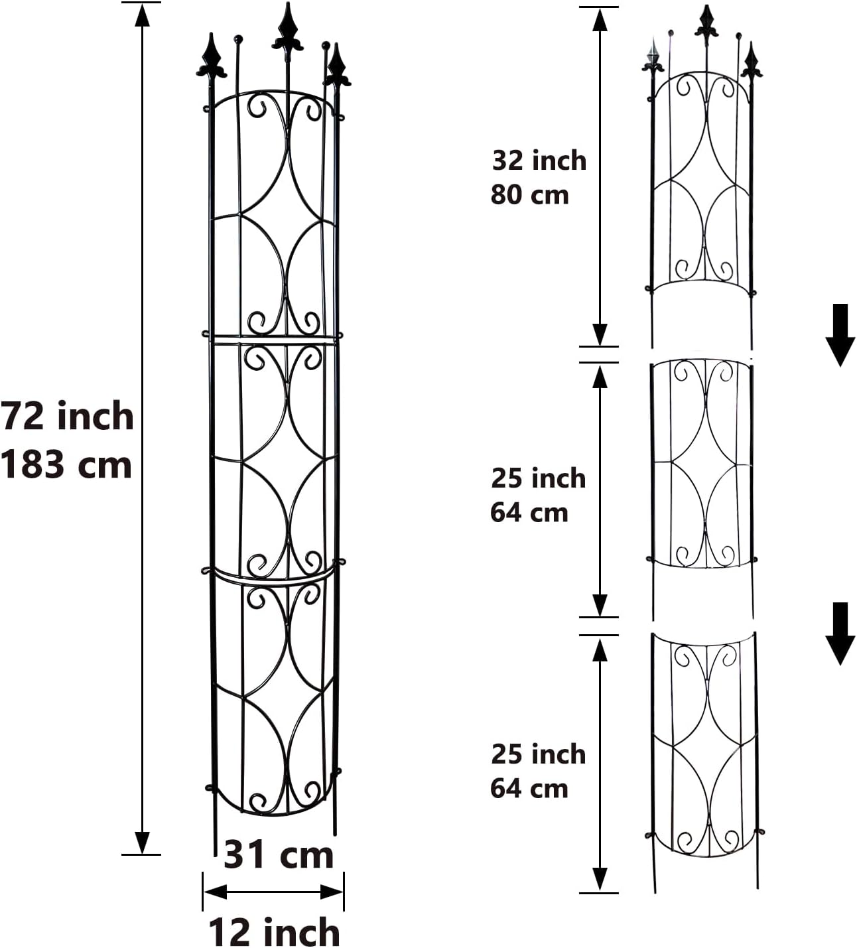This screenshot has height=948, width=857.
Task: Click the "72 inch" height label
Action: pyautogui.click(x=67, y=416)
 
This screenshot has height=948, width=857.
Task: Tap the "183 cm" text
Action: pyautogui.click(x=66, y=464)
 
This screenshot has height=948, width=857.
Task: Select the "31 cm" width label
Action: pyautogui.click(x=279, y=854)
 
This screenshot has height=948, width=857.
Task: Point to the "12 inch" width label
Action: pyautogui.click(x=275, y=932)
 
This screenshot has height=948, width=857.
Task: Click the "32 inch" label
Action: pyautogui.click(x=539, y=161)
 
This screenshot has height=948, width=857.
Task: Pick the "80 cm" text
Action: pyautogui.click(x=530, y=195)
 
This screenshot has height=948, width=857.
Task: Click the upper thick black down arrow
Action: pyautogui.click(x=840, y=335)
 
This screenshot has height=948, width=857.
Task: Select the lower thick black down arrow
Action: pyautogui.click(x=840, y=633)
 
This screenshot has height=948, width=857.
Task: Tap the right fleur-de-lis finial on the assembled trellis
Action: pyautogui.click(x=338, y=66)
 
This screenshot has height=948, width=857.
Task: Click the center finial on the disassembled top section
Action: pyautogui.click(x=706, y=23)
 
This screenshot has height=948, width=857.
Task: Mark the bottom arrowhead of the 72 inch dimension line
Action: pyautogui.click(x=142, y=843)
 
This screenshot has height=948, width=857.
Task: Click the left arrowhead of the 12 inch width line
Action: pyautogui.click(x=214, y=892)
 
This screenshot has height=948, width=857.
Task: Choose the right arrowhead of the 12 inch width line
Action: pyautogui.click(x=332, y=892)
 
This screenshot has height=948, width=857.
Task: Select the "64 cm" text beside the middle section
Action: pyautogui.click(x=529, y=513)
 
